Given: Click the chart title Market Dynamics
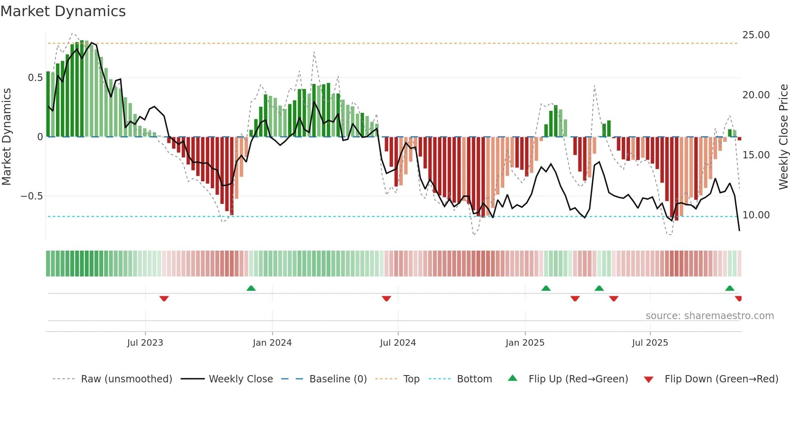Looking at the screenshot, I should (63, 11).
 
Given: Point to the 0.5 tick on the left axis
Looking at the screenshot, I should (35, 78).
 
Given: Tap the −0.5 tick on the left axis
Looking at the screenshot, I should (32, 196).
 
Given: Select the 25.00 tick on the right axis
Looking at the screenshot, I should (756, 35).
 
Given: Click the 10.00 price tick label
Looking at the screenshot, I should (756, 215).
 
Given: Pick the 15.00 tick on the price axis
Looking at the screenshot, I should (756, 155).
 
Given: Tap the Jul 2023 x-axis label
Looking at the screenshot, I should (145, 343).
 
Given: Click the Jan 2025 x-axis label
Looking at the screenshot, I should (525, 343).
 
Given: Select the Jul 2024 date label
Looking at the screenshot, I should (398, 343).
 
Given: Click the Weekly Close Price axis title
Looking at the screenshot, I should (783, 137).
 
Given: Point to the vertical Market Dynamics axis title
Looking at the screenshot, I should (6, 137).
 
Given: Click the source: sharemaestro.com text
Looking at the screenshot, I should (709, 316).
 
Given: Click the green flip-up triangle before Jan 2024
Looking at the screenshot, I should (251, 288).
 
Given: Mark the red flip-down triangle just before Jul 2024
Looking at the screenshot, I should (386, 299).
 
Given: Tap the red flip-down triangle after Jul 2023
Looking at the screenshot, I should (164, 299).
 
